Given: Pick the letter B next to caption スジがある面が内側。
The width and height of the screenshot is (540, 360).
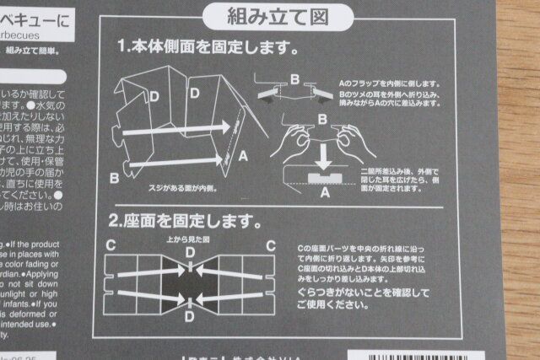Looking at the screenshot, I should point(113,178).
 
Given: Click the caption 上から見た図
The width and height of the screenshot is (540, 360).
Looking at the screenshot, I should point(186,239).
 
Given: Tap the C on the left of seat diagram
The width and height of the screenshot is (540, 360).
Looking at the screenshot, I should point(110,244).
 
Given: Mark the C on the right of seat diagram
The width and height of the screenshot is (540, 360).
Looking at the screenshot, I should point(270,245).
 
